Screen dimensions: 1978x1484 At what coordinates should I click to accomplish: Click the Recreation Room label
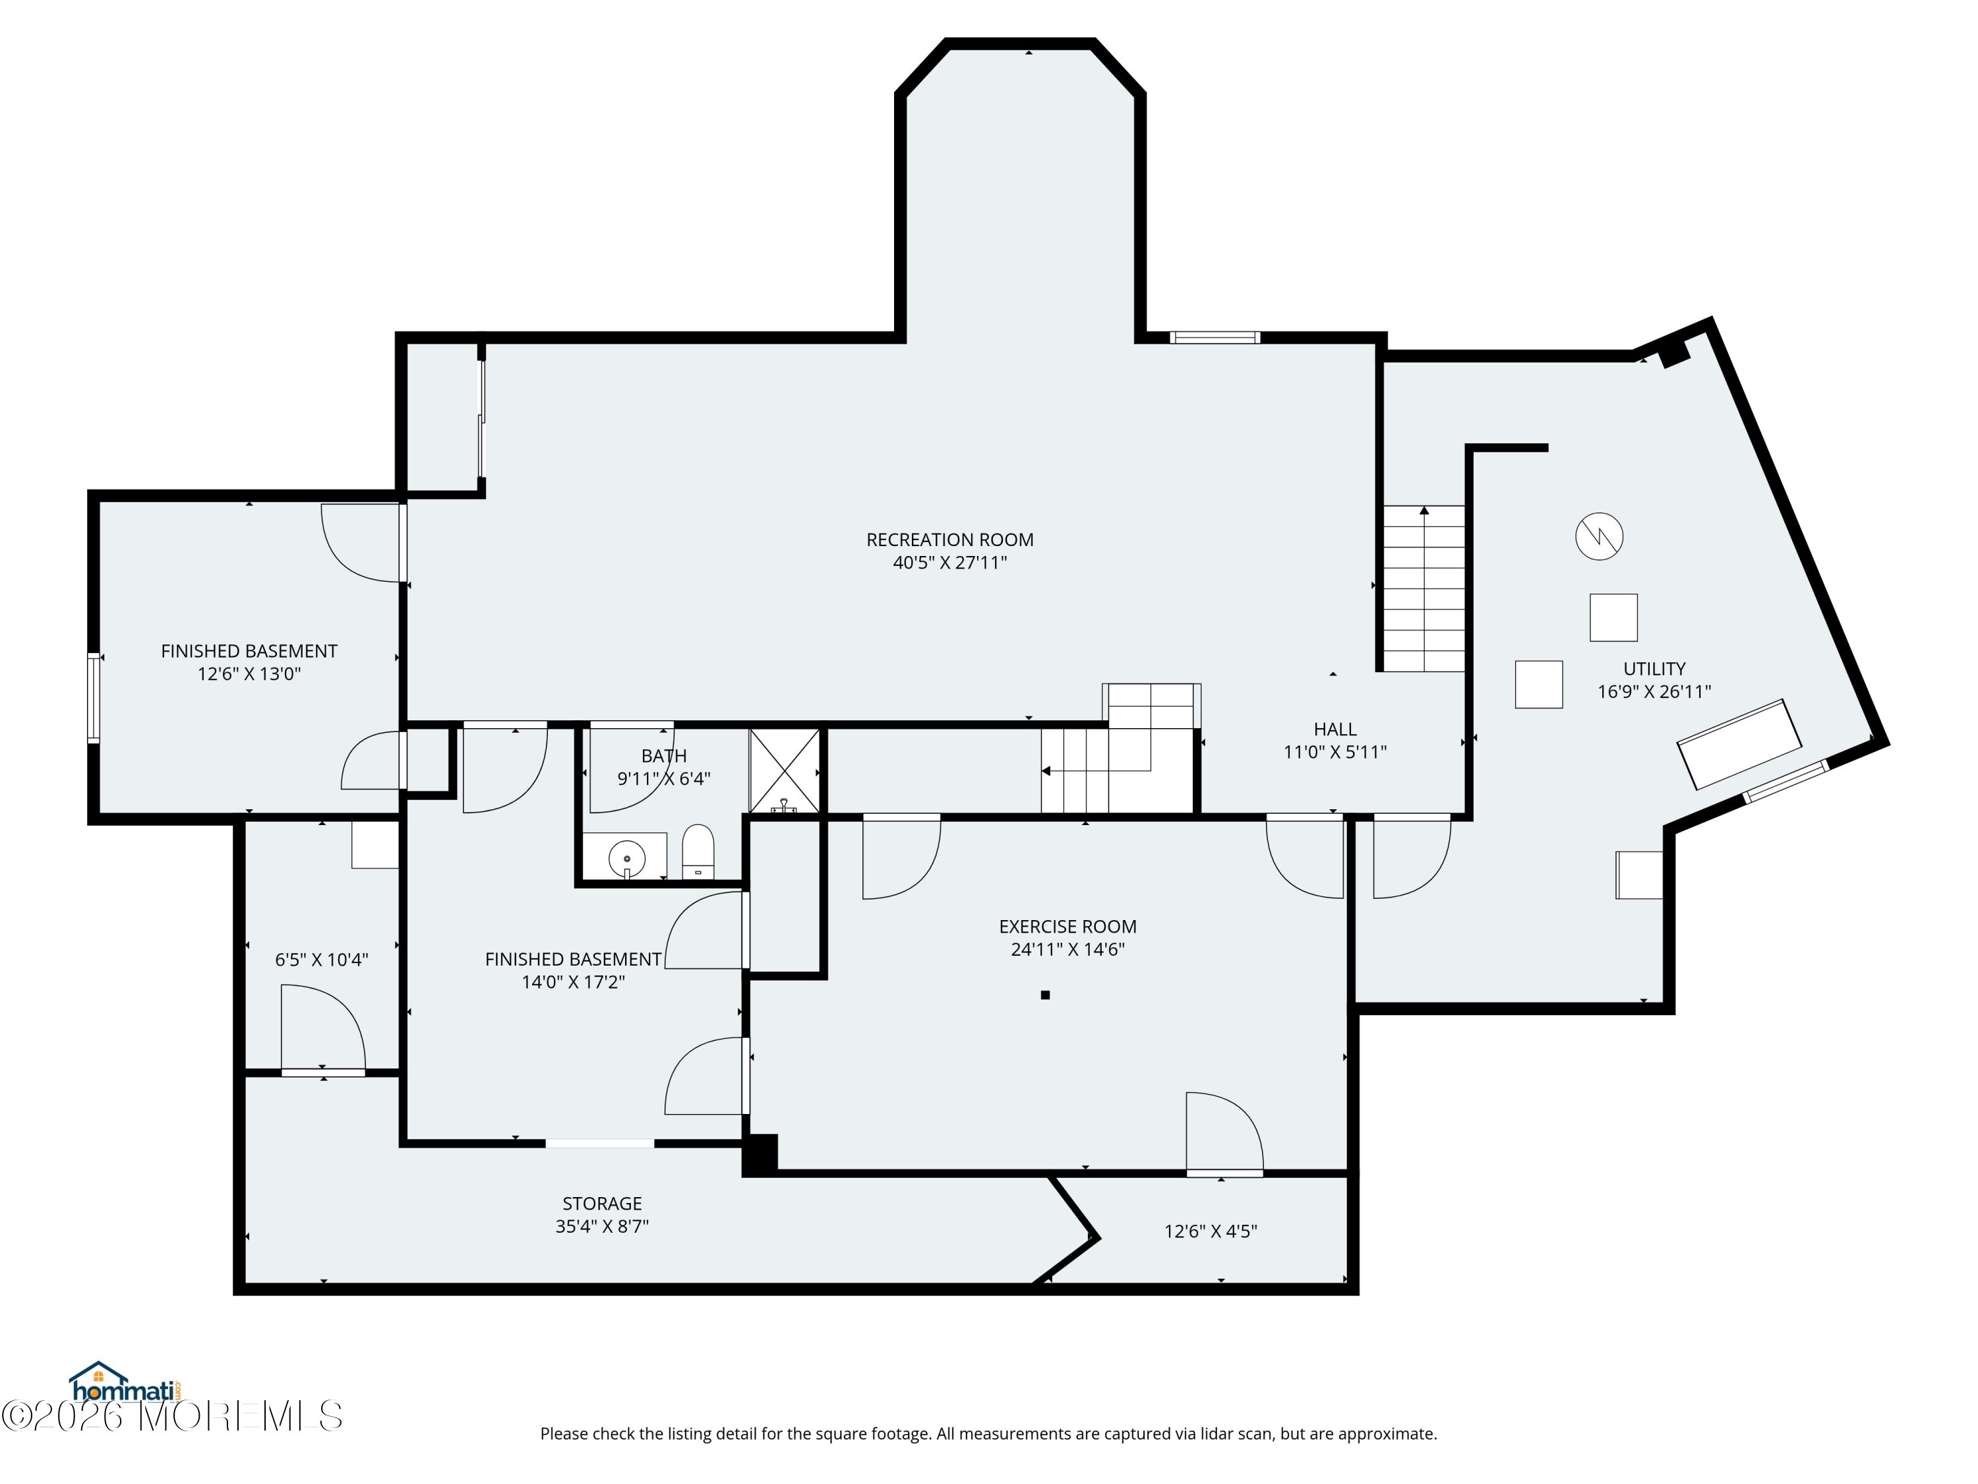pos(949,540)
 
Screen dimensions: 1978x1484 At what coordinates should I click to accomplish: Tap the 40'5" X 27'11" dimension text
pos(949,563)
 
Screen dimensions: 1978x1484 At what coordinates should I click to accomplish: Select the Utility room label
pos(1654,669)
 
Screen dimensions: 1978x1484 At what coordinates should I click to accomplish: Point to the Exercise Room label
pos(1067,927)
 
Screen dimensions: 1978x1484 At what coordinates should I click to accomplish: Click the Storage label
pos(602,1204)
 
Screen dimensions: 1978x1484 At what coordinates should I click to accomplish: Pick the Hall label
pos(1335,730)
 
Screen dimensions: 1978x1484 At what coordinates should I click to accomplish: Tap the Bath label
pos(663,757)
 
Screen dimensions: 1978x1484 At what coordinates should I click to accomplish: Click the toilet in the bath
pos(698,852)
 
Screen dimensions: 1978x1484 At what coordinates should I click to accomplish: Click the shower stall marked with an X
pos(784,771)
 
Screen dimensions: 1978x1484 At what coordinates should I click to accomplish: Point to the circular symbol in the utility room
pos(1599,537)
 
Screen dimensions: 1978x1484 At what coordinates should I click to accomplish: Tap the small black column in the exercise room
pos(1045,995)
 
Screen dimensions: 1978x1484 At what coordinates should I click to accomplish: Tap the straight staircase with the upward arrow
pos(1424,588)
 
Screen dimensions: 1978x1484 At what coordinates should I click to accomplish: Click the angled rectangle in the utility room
pos(1739,744)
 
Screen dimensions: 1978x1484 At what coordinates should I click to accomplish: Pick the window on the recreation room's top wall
pos(1215,337)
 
